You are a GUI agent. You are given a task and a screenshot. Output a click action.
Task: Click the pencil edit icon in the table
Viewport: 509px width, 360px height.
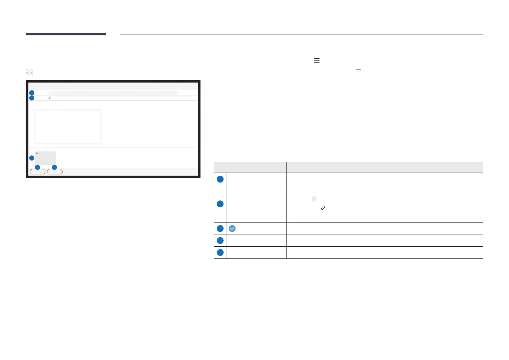pyautogui.click(x=323, y=208)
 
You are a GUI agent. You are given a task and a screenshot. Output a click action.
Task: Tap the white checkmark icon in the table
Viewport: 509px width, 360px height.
pyautogui.click(x=232, y=229)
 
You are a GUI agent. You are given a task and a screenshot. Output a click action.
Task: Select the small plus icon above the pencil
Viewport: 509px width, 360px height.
pyautogui.click(x=314, y=199)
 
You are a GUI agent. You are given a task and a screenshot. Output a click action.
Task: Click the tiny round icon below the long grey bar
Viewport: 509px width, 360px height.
pyautogui.click(x=50, y=98)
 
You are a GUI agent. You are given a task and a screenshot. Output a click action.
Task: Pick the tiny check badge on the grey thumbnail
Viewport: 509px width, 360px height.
pyautogui.click(x=37, y=153)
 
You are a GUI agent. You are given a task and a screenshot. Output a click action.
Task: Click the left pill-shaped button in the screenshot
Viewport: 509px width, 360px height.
pyautogui.click(x=37, y=172)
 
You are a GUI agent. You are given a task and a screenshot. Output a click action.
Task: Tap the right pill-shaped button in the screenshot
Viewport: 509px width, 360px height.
pyautogui.click(x=55, y=172)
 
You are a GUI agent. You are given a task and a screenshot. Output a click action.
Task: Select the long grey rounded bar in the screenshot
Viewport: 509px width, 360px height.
pyautogui.click(x=113, y=93)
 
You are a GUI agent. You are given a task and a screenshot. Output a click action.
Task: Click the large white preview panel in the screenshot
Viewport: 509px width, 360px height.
pyautogui.click(x=67, y=127)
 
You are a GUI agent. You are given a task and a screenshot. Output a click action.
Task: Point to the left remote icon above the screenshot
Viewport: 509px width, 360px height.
pyautogui.click(x=27, y=73)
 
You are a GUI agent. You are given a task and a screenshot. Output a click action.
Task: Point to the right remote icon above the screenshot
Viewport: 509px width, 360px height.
pyautogui.click(x=31, y=73)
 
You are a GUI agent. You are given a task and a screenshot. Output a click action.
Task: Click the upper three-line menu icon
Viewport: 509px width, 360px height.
pyautogui.click(x=317, y=60)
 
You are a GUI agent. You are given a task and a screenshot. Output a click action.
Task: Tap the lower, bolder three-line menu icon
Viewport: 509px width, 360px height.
pyautogui.click(x=358, y=70)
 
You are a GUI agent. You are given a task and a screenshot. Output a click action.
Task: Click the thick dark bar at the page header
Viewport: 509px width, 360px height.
pyautogui.click(x=66, y=34)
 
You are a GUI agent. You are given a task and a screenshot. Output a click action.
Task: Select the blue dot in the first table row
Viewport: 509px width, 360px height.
pyautogui.click(x=220, y=179)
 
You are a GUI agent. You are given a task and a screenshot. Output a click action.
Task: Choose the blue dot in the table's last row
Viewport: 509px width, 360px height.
pyautogui.click(x=220, y=252)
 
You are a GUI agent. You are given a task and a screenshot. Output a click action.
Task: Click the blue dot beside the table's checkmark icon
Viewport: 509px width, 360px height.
pyautogui.click(x=220, y=229)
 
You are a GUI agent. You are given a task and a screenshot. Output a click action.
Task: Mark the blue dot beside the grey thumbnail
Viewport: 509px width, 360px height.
pyautogui.click(x=32, y=158)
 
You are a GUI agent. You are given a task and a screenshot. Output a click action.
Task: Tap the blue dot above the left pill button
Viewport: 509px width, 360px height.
pyautogui.click(x=37, y=167)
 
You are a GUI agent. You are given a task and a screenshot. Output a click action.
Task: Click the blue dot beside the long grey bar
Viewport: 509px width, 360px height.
pyautogui.click(x=32, y=93)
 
